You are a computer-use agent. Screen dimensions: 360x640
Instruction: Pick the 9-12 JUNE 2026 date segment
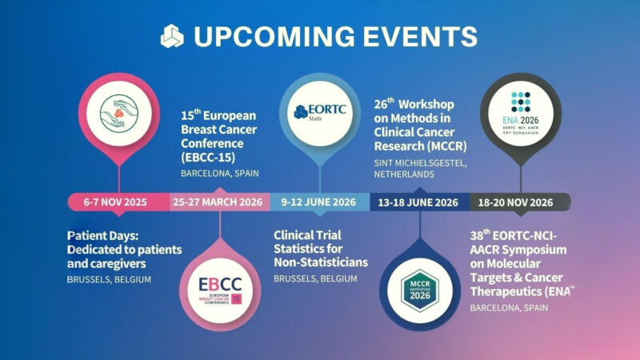(x=318, y=202)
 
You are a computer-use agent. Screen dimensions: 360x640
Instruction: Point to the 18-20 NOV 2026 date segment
(x=518, y=202)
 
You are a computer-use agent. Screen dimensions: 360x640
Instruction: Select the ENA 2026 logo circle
(x=520, y=110)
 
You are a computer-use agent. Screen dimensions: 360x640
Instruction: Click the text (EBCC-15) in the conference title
(x=210, y=155)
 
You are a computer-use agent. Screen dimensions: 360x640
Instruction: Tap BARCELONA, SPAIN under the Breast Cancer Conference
(x=220, y=173)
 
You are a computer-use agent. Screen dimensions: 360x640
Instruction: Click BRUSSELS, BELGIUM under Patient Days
(x=111, y=279)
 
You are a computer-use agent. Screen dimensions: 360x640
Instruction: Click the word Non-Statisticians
(x=320, y=262)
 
